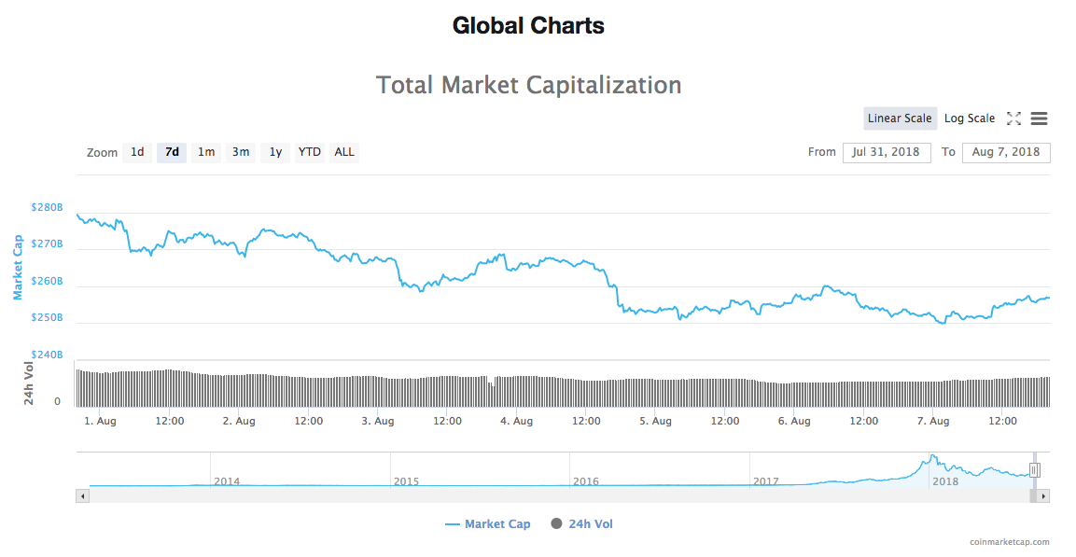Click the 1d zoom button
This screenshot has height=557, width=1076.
click(137, 152)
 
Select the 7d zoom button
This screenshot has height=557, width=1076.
click(172, 152)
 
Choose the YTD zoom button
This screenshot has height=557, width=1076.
click(310, 152)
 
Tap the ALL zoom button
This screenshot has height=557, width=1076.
click(344, 152)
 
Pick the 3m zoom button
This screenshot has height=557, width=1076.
click(241, 152)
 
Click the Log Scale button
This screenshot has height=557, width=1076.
click(970, 118)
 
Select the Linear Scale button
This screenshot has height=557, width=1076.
click(900, 118)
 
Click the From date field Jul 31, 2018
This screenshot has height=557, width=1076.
click(887, 152)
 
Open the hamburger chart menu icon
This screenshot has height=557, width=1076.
click(1039, 118)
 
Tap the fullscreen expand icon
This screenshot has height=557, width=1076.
click(1013, 118)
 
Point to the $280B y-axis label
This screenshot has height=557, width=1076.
click(47, 207)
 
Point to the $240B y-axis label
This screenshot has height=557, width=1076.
click(47, 355)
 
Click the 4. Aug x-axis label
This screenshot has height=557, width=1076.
click(516, 421)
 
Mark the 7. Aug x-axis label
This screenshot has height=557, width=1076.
click(933, 421)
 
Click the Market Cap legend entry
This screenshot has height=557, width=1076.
click(488, 524)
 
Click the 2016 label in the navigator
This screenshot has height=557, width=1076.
click(585, 481)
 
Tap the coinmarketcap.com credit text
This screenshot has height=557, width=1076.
click(1009, 542)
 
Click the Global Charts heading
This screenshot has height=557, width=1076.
click(528, 25)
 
